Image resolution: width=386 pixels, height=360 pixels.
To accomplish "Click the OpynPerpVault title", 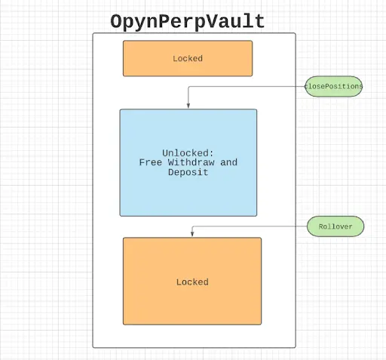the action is point(188,22).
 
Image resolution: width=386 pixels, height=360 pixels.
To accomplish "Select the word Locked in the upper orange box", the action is point(188,59).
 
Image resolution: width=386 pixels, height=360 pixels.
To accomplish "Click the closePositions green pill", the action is point(333,86).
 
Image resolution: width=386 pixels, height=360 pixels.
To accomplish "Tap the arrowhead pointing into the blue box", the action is point(188,106).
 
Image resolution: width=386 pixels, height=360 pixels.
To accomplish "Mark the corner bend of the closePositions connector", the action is point(188,87).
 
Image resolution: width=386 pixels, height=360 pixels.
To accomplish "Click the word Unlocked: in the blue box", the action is point(188,153).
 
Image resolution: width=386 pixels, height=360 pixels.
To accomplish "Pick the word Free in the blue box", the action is point(150,162).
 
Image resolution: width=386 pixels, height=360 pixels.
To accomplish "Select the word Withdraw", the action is point(191,162).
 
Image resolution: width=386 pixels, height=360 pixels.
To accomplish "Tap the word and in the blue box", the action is point(228,162).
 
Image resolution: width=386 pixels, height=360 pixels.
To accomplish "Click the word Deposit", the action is point(188,172).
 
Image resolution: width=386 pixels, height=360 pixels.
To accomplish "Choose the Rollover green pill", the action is point(335,226).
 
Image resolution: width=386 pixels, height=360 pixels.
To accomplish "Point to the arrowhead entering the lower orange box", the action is point(192,234).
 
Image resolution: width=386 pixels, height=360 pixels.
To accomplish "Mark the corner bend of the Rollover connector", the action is point(192,226).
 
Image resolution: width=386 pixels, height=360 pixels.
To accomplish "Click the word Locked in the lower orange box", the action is point(192,282).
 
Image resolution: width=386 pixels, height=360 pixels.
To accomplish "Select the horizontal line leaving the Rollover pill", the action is point(250,226).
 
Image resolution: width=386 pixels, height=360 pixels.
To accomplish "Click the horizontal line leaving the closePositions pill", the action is point(247,86).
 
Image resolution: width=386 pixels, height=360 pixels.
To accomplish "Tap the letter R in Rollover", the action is point(321,226).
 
